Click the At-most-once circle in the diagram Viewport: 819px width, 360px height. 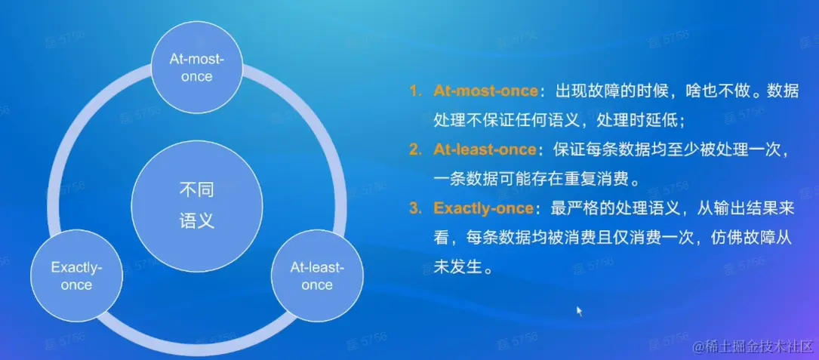click(x=198, y=68)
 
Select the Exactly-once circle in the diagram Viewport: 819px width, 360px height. click(x=77, y=276)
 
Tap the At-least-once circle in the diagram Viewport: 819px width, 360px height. click(x=317, y=276)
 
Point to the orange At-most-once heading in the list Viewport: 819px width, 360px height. click(x=485, y=91)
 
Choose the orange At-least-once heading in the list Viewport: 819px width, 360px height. click(x=485, y=150)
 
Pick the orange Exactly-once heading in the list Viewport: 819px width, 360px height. click(x=483, y=209)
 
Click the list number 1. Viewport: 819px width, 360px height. click(x=415, y=91)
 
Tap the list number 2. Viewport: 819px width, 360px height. click(x=415, y=150)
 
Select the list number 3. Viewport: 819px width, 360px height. click(x=415, y=209)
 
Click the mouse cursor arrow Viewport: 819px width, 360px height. click(x=579, y=311)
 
